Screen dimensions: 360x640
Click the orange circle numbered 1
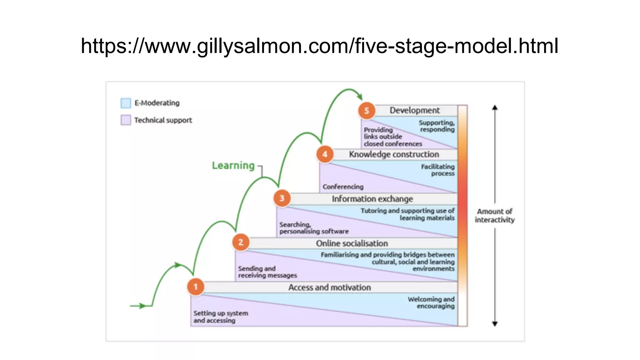tap(196, 287)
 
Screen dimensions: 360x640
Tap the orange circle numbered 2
tap(241, 242)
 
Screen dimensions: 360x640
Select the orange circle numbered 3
tap(282, 198)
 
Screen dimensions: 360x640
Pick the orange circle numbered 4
tap(325, 154)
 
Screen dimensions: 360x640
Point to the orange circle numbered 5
tap(367, 111)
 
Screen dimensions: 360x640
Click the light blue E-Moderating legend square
tap(126, 103)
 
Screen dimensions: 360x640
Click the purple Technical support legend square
tap(126, 120)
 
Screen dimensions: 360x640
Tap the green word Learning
tap(233, 165)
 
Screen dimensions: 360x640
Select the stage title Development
tap(414, 110)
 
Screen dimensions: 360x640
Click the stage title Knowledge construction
tap(394, 154)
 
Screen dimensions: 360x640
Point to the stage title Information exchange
tap(372, 199)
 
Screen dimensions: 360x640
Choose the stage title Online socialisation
tap(352, 243)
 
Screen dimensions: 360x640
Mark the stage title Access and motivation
tap(329, 287)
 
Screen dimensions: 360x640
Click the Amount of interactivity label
tap(495, 216)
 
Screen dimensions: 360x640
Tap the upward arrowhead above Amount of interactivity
tap(495, 107)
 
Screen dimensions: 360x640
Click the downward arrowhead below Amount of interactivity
tap(495, 324)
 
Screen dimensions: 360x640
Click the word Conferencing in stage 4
tap(343, 187)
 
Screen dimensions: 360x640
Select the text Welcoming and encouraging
tap(431, 302)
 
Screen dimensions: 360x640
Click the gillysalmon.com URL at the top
tap(319, 46)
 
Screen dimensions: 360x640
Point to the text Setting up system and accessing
tap(220, 317)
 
